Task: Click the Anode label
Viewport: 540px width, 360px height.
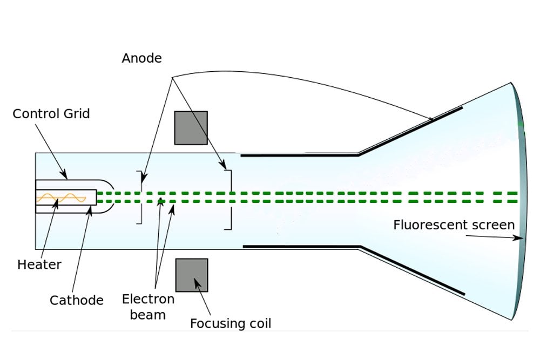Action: [x=141, y=58]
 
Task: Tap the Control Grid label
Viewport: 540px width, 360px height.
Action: [x=51, y=114]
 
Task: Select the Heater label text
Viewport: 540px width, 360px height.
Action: [x=39, y=264]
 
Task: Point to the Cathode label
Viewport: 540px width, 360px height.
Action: [x=76, y=300]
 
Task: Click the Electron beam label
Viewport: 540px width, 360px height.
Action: [x=148, y=307]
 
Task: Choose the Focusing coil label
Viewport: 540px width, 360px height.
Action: [x=231, y=324]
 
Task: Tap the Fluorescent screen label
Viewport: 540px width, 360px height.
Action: [x=454, y=225]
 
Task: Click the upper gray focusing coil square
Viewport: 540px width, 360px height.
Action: [x=191, y=128]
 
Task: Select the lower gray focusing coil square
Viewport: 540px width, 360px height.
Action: [x=192, y=275]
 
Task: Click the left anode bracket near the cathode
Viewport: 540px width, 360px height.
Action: [x=141, y=197]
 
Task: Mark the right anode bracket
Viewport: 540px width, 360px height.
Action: [x=229, y=200]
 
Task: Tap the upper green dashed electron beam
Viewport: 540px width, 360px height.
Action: [x=324, y=193]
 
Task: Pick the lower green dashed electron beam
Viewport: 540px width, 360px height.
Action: [x=324, y=201]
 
